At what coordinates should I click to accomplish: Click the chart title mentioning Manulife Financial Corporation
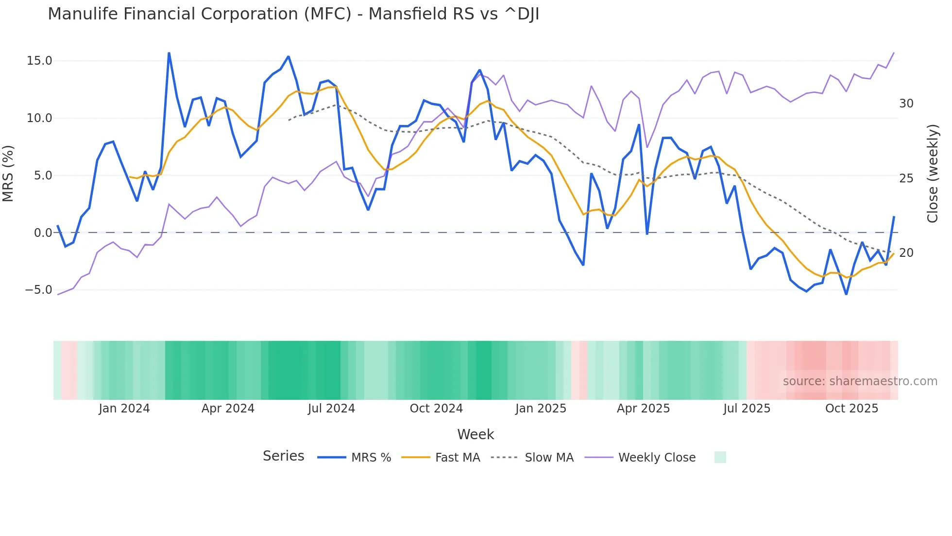tap(293, 14)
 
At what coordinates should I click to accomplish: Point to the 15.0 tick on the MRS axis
tap(39, 61)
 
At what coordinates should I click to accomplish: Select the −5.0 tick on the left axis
tap(38, 290)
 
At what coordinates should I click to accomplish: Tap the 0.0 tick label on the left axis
tap(43, 233)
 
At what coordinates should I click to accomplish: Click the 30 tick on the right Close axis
tap(906, 104)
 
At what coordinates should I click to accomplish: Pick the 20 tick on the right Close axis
tap(906, 253)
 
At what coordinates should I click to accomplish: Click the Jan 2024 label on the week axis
tap(124, 409)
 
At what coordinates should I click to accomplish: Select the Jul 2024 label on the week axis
tap(331, 409)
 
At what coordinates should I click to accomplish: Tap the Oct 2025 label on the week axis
tap(851, 409)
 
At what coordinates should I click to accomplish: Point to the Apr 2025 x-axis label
tap(643, 409)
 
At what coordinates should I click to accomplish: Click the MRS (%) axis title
tap(8, 173)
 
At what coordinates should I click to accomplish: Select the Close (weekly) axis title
tap(932, 174)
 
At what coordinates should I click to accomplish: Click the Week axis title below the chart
tap(476, 434)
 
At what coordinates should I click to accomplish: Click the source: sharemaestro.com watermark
tap(860, 381)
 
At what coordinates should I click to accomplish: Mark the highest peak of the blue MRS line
tap(169, 53)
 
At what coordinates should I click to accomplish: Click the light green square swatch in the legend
tap(720, 457)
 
